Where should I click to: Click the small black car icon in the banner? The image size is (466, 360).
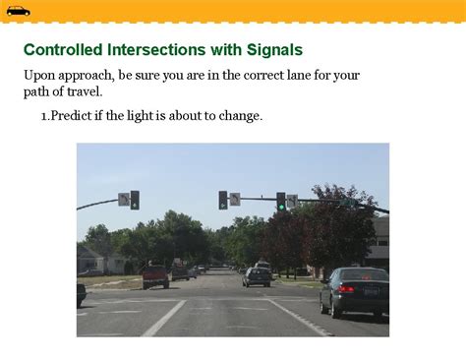[18, 11]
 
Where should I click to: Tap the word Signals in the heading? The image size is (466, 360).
[276, 49]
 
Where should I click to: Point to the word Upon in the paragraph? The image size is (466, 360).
[40, 76]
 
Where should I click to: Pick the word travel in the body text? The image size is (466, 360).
[80, 92]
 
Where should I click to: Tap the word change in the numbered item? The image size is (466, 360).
[239, 116]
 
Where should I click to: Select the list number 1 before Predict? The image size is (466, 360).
[44, 116]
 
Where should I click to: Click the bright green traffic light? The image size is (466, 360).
[281, 206]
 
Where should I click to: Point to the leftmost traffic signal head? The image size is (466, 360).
[135, 200]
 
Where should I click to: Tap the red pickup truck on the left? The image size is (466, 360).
[155, 276]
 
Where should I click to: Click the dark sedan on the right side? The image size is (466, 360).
[354, 290]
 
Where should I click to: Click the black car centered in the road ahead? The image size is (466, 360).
[257, 277]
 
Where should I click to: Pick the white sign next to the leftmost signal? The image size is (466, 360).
[124, 200]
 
